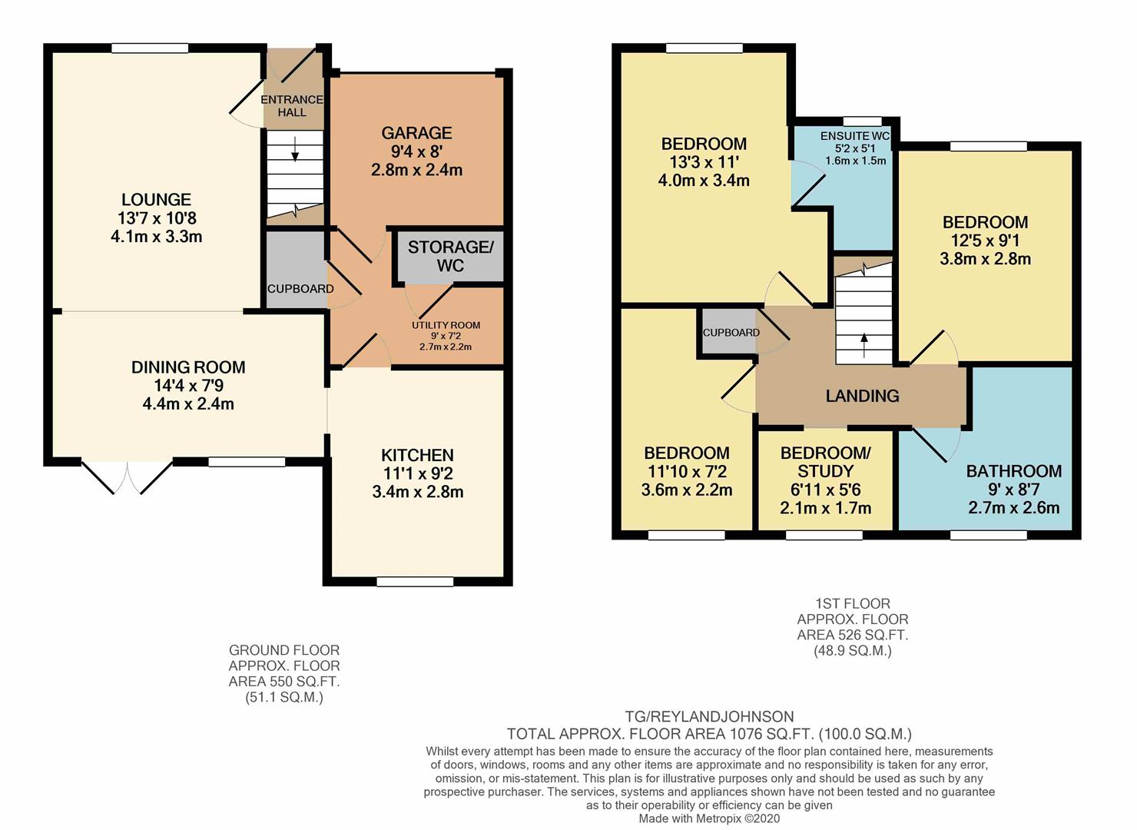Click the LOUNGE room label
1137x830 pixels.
tap(156, 200)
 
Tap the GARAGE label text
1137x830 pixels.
tap(416, 133)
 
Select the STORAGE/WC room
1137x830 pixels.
tap(450, 256)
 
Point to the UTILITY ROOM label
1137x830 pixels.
tap(446, 325)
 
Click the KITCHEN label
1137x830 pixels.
tap(417, 455)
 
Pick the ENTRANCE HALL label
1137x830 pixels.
tap(292, 106)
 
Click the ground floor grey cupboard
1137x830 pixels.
tap(296, 271)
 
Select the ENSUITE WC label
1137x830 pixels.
tap(854, 136)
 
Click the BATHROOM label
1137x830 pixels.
tap(1013, 471)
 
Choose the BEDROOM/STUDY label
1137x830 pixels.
tap(826, 462)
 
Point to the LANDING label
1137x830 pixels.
tap(862, 396)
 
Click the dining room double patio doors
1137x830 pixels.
tap(128, 477)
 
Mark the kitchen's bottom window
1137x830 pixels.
tap(404, 582)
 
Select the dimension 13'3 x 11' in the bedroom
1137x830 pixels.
tap(704, 162)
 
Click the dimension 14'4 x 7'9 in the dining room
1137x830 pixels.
tap(188, 386)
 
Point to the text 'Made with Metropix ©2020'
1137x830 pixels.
tap(709, 819)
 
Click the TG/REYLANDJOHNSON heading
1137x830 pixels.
tap(709, 717)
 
